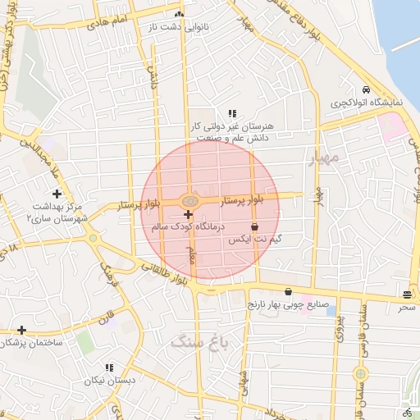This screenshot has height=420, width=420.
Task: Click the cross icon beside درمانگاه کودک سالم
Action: coord(189,214)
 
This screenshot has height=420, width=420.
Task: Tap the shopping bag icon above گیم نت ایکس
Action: coord(253,226)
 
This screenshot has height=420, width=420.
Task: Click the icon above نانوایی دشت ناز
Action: coord(179,15)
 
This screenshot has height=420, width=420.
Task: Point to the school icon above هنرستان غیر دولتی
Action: coord(232,113)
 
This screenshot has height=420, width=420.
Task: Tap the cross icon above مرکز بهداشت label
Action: coord(56,194)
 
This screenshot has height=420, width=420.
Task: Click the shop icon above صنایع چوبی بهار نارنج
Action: coord(288,291)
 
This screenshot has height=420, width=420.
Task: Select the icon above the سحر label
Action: coord(408,294)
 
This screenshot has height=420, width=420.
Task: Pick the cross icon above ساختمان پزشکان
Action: coord(21,330)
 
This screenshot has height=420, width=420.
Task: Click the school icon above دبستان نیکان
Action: coord(109,367)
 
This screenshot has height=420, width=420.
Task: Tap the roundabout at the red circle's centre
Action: coord(189,200)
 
